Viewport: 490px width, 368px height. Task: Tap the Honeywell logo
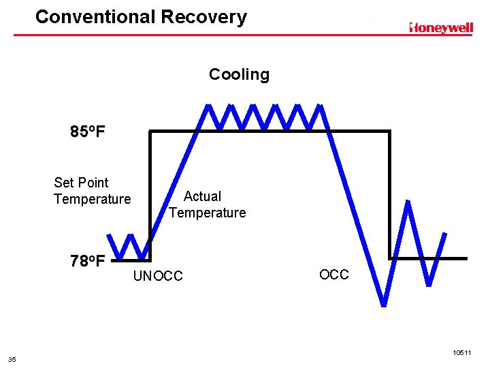point(441,27)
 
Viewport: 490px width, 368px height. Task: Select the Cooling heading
point(239,74)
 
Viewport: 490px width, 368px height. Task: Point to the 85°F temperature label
point(88,132)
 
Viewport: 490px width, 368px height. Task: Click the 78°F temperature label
point(88,261)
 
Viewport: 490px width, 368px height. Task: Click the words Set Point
point(81,183)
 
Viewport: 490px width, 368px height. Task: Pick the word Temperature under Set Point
point(92,199)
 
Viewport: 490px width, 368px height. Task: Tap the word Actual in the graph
point(202,196)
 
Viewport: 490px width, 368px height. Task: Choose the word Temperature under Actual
point(208,213)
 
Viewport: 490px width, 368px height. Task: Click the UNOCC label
point(158,276)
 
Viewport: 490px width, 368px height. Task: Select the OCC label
point(333,275)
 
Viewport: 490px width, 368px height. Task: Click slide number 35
point(12,359)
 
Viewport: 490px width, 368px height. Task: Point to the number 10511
point(461,352)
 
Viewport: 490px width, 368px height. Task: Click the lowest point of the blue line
point(385,303)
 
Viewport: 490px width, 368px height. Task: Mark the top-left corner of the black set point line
point(150,131)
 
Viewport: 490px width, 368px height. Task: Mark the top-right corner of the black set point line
point(390,131)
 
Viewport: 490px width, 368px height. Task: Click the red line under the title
point(245,33)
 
